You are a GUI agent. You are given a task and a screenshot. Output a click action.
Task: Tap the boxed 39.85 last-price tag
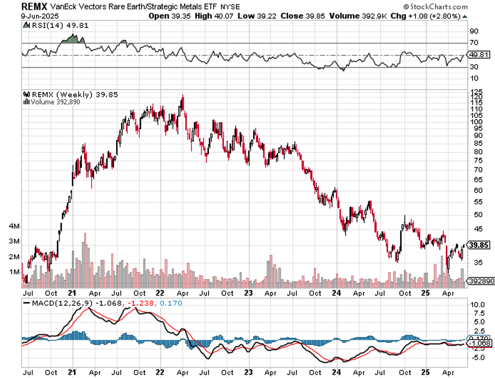479,245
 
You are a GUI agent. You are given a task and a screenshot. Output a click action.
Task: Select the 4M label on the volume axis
14,226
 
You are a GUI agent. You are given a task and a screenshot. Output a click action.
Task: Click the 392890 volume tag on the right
479,281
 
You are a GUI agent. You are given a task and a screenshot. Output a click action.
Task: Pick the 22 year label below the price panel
160,293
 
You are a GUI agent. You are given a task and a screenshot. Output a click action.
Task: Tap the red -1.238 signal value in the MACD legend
143,303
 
